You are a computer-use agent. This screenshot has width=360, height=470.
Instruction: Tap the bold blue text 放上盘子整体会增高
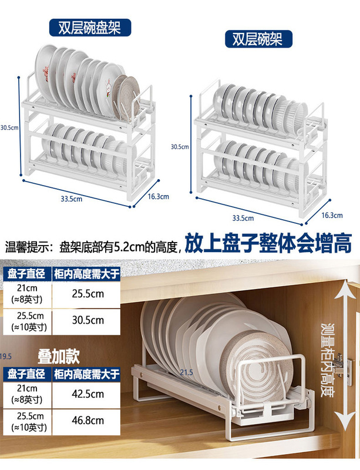click(x=268, y=243)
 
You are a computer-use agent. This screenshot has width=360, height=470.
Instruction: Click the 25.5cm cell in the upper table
click(x=88, y=293)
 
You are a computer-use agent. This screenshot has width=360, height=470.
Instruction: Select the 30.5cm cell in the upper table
click(x=88, y=320)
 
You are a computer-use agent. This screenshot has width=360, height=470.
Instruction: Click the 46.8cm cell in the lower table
click(x=88, y=420)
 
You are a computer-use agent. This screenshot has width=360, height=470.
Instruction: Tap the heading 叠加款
click(x=58, y=356)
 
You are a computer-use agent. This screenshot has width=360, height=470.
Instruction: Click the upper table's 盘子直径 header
click(x=27, y=273)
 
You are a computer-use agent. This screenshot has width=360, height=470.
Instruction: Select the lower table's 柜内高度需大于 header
click(x=88, y=373)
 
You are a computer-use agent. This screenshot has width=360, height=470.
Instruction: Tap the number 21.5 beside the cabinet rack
click(x=186, y=372)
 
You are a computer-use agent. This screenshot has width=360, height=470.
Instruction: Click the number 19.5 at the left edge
click(x=6, y=356)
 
